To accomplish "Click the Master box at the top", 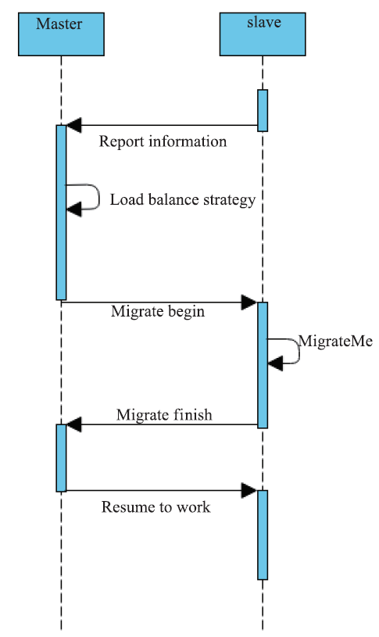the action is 61,34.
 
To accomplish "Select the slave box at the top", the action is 263,34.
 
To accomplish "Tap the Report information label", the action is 163,141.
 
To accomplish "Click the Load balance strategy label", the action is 183,200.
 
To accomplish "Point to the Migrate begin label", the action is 158,312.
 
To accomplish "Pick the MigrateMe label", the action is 335,341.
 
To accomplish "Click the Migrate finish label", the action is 164,415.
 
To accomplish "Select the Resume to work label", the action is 156,507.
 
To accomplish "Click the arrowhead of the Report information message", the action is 73,125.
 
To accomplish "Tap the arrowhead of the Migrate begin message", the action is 249,302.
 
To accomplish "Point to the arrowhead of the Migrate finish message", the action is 73,424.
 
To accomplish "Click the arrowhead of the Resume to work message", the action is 249,490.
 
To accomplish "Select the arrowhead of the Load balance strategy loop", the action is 73,209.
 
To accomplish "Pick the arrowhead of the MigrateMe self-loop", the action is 275,363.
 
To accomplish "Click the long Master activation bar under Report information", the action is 61,213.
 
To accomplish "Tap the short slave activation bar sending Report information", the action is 263,110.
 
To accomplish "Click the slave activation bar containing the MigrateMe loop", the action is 263,365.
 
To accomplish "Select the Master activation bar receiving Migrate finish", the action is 61,458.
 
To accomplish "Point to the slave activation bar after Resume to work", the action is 263,535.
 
